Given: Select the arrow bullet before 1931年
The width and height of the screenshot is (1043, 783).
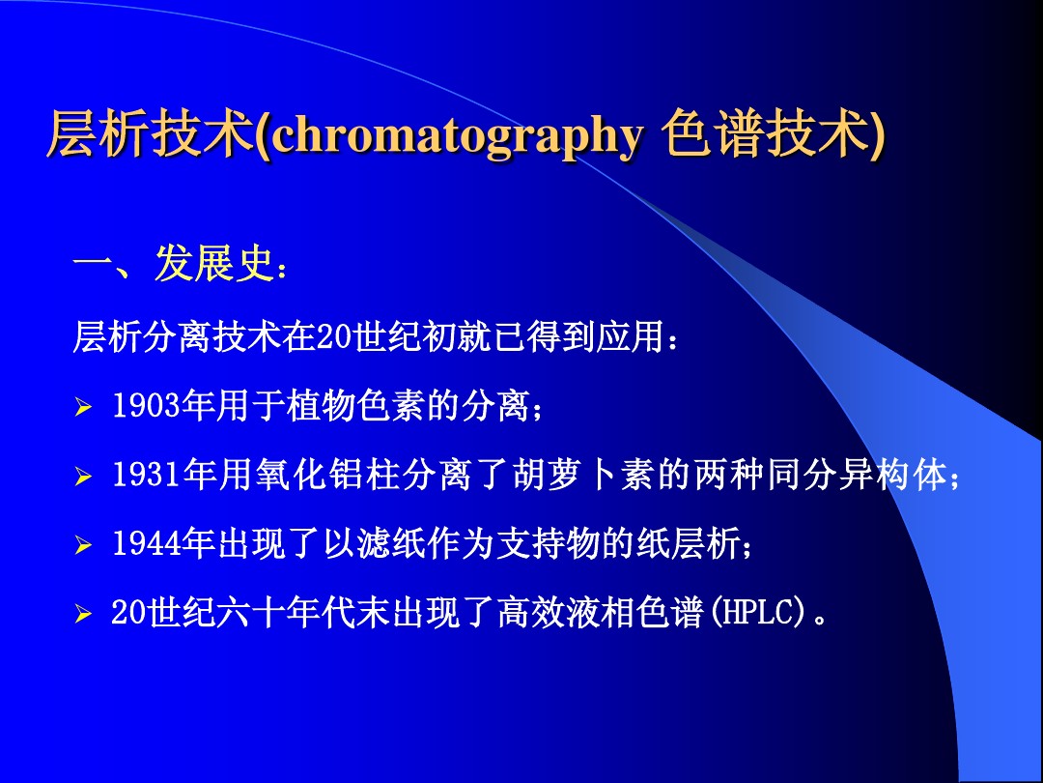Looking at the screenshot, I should (x=83, y=478).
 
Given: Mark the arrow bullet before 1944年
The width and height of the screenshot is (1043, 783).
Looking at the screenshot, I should (x=83, y=547).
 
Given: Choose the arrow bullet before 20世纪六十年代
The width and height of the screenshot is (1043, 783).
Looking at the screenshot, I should (x=83, y=615).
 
